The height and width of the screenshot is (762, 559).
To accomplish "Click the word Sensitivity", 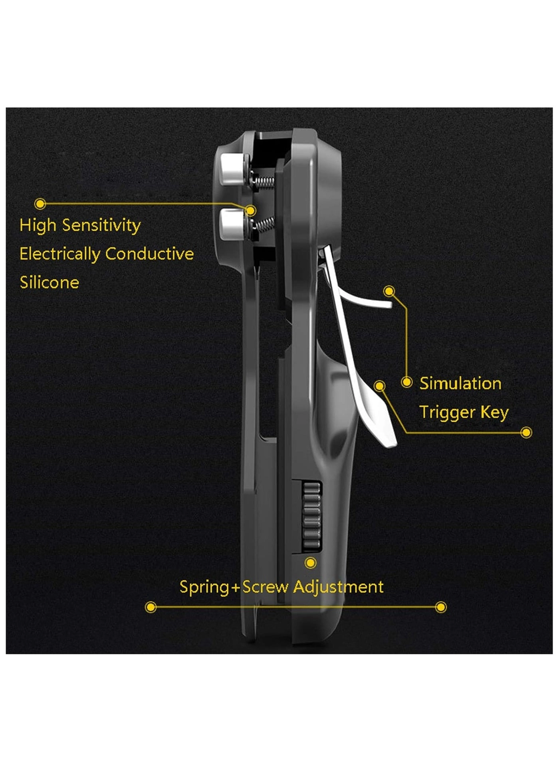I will pos(101,226).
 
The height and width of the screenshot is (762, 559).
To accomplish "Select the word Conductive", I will pos(149,254).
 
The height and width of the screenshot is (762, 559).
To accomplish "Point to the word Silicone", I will pos(50,282).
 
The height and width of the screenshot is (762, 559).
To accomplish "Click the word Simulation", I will pos(460,383).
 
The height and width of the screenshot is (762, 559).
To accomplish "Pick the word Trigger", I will pos(447,413).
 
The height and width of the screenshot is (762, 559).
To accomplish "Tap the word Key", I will pos(495,413).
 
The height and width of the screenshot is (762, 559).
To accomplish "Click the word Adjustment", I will pos(338,587).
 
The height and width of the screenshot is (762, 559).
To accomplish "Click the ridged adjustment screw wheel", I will pos(311,517).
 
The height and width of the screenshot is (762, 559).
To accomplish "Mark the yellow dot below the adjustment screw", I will pos(311,563).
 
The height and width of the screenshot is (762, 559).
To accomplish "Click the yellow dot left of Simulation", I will pos(406,382).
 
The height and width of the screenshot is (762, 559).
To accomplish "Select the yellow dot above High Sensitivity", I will pos(40,204).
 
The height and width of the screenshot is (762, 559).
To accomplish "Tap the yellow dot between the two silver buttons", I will pos(250,210).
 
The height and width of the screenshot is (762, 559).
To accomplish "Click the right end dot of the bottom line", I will pos(441,607).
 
